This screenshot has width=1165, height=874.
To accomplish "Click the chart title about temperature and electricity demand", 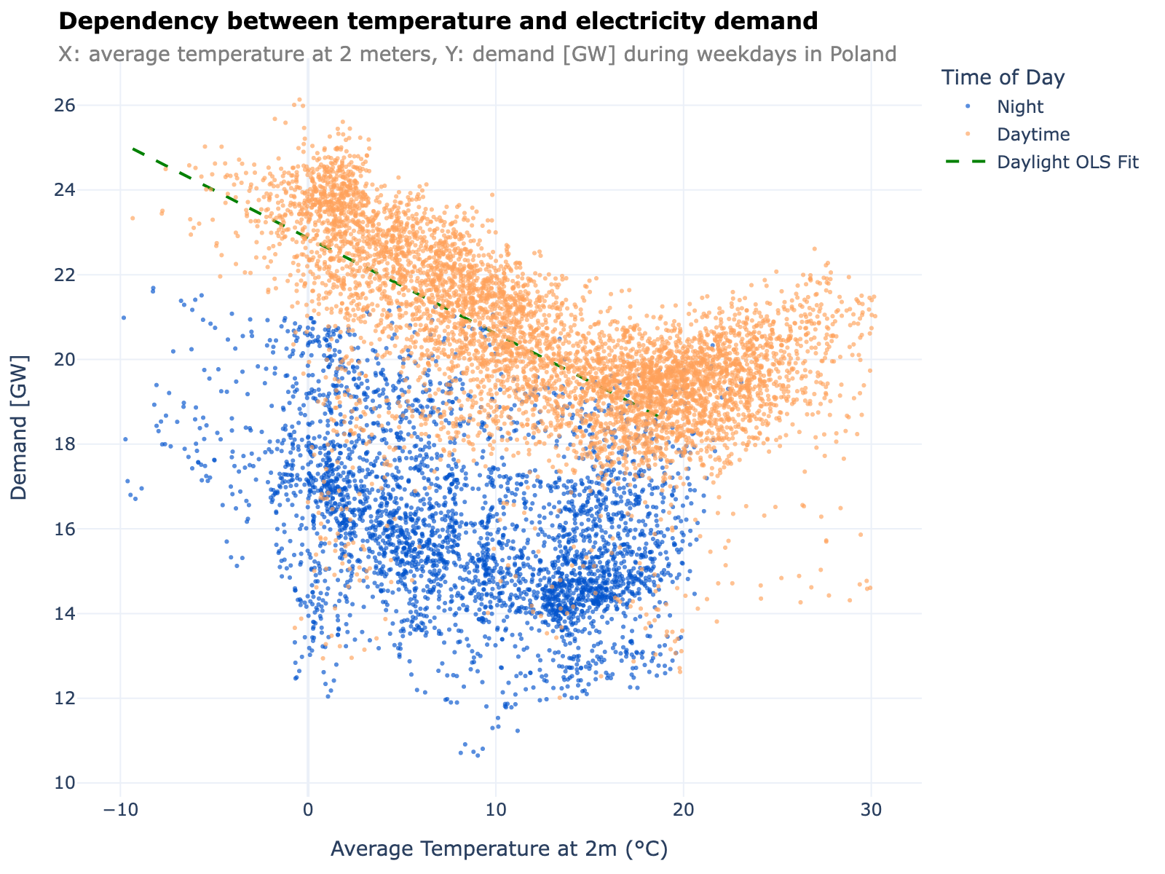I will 438,22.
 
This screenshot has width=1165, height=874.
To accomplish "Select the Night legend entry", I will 1020,107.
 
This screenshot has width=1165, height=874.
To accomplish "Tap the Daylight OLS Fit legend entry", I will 1067,162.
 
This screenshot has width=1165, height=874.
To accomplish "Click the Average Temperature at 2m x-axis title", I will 499,849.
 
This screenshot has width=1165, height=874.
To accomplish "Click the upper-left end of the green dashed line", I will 133,149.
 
